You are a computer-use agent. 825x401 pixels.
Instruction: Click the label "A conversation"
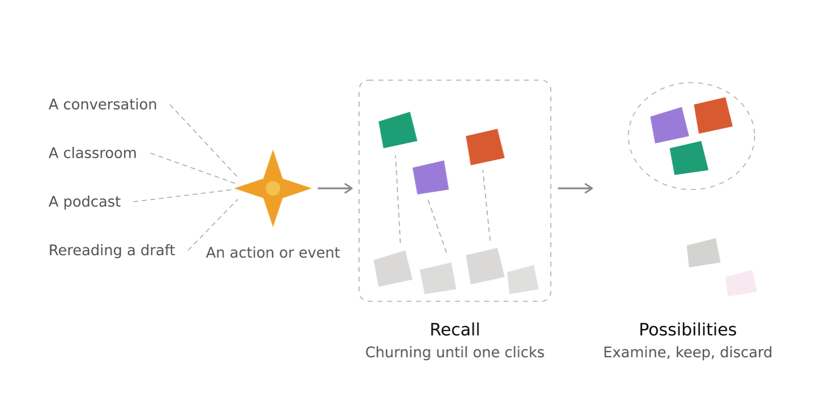(x=103, y=104)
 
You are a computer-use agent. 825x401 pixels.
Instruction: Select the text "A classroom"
(x=92, y=153)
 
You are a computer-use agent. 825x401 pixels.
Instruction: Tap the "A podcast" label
(x=84, y=201)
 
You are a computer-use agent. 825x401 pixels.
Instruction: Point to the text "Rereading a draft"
(x=112, y=250)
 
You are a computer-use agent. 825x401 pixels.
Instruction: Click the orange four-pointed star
(x=273, y=188)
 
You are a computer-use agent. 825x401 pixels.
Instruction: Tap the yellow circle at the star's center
(x=273, y=188)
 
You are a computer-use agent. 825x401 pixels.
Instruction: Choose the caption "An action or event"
(x=273, y=253)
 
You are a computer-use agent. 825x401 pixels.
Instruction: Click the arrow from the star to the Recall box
(x=335, y=188)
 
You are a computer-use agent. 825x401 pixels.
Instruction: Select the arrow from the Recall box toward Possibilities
(x=575, y=188)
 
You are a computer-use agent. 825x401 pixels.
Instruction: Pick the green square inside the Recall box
(x=398, y=130)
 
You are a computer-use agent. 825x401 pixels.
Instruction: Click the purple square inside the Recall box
(x=431, y=178)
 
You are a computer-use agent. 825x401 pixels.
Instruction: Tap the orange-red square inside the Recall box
(x=485, y=147)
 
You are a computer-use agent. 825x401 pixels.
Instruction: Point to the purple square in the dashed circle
(x=670, y=125)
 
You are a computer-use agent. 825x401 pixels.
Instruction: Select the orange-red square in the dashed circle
(x=713, y=115)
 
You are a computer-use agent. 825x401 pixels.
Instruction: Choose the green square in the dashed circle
(x=689, y=158)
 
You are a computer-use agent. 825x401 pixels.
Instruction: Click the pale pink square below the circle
(x=741, y=283)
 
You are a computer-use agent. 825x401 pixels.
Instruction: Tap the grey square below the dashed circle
(x=704, y=253)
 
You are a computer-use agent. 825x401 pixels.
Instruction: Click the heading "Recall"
(x=455, y=330)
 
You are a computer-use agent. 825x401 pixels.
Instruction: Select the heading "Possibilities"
(x=688, y=330)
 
